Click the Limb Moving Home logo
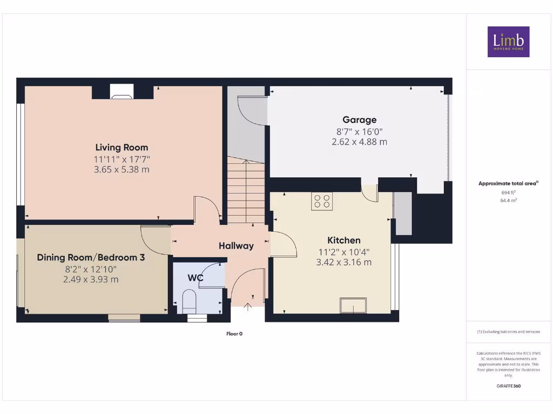[508, 42]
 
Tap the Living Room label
[122, 147]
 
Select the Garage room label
[359, 120]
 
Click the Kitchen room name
[343, 240]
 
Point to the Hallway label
[236, 246]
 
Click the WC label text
[195, 278]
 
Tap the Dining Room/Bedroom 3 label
[91, 258]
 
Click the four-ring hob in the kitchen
[322, 201]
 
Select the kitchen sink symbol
[353, 306]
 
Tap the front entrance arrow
[248, 307]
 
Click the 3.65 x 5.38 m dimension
[122, 169]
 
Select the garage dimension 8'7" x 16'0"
[359, 132]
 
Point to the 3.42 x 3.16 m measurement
[343, 263]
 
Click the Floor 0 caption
[234, 334]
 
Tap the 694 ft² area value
[508, 192]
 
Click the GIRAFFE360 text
[508, 386]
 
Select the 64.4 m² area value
[508, 200]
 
